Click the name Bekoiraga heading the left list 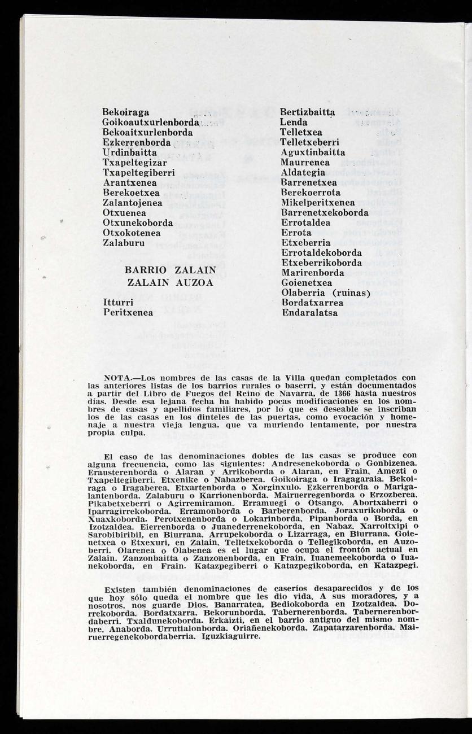pyautogui.click(x=126, y=112)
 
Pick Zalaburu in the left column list pyautogui.click(x=124, y=243)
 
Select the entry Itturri pyautogui.click(x=118, y=302)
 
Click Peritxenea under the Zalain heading pyautogui.click(x=128, y=312)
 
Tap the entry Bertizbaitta pyautogui.click(x=308, y=112)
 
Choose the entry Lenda pyautogui.click(x=294, y=123)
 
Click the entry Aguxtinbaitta pyautogui.click(x=313, y=152)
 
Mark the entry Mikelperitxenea pyautogui.click(x=318, y=203)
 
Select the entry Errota pyautogui.click(x=296, y=233)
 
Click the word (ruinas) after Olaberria pyautogui.click(x=351, y=292)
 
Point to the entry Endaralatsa pyautogui.click(x=309, y=312)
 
